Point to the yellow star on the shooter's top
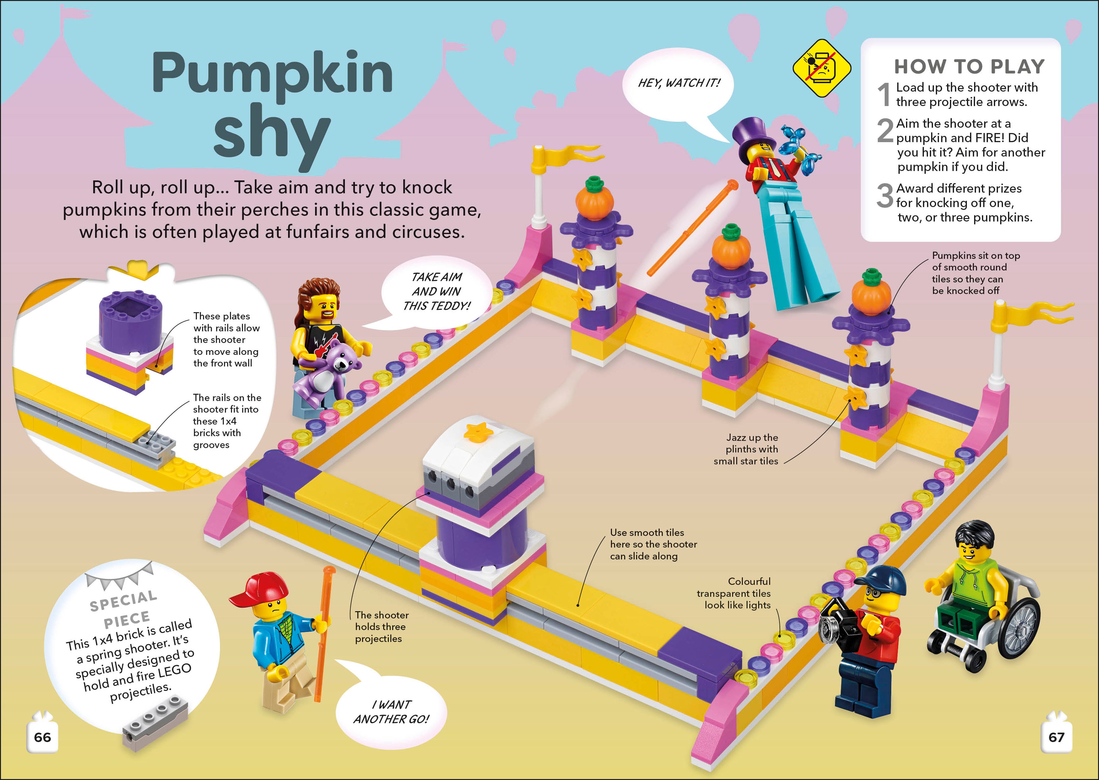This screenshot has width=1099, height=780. coord(478,432)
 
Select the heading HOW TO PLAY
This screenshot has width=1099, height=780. coord(969,66)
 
